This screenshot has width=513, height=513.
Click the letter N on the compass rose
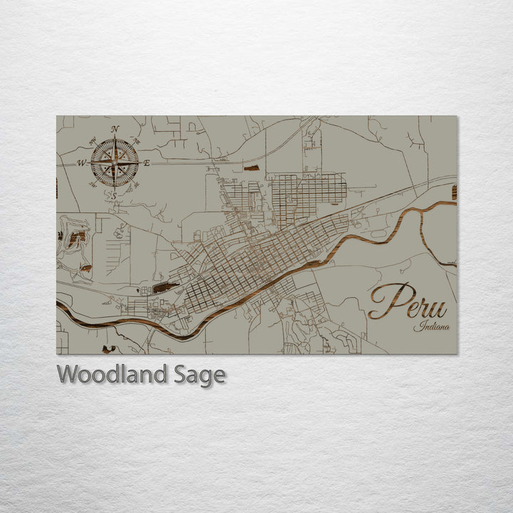pyautogui.click(x=115, y=129)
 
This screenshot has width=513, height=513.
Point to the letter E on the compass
pyautogui.click(x=147, y=163)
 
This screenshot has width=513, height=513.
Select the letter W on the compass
pyautogui.click(x=81, y=163)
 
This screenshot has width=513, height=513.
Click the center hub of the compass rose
pyautogui.click(x=115, y=163)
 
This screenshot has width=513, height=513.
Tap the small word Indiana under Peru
pyautogui.click(x=430, y=327)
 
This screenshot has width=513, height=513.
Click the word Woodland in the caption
pyautogui.click(x=113, y=374)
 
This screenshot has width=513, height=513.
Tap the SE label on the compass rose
pyautogui.click(x=136, y=185)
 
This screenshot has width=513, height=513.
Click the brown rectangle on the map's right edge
pyautogui.click(x=454, y=192)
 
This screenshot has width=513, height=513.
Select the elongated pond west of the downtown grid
pyautogui.click(x=165, y=287)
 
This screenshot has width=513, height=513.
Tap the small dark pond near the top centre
pyautogui.click(x=252, y=168)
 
